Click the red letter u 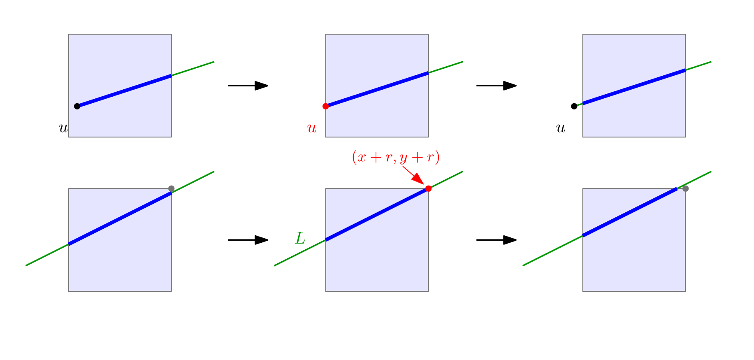tap(312, 128)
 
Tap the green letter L tap(300, 238)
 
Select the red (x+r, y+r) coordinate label tap(396, 157)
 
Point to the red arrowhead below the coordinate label tap(418, 179)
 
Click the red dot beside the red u tap(326, 106)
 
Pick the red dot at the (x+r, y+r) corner tap(428, 188)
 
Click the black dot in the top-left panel tap(77, 106)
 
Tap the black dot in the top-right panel tap(574, 106)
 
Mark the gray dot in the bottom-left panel tap(172, 188)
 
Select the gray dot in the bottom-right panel tap(685, 188)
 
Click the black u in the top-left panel tap(63, 128)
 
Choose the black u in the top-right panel tap(561, 128)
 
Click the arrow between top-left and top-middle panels tap(248, 86)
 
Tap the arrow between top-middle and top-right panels tap(496, 86)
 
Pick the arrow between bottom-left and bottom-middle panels tap(248, 240)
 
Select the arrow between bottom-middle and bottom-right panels tap(496, 240)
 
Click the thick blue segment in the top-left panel tap(124, 91)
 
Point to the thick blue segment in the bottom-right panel tap(630, 212)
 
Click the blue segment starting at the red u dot tap(377, 89)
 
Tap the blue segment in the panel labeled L tap(377, 214)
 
